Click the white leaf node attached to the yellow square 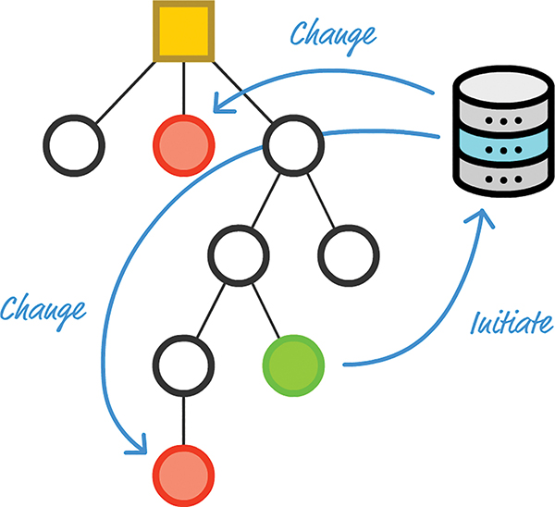point(73,145)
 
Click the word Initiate point(512,324)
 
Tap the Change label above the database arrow point(333,34)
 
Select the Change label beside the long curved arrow point(43,307)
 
